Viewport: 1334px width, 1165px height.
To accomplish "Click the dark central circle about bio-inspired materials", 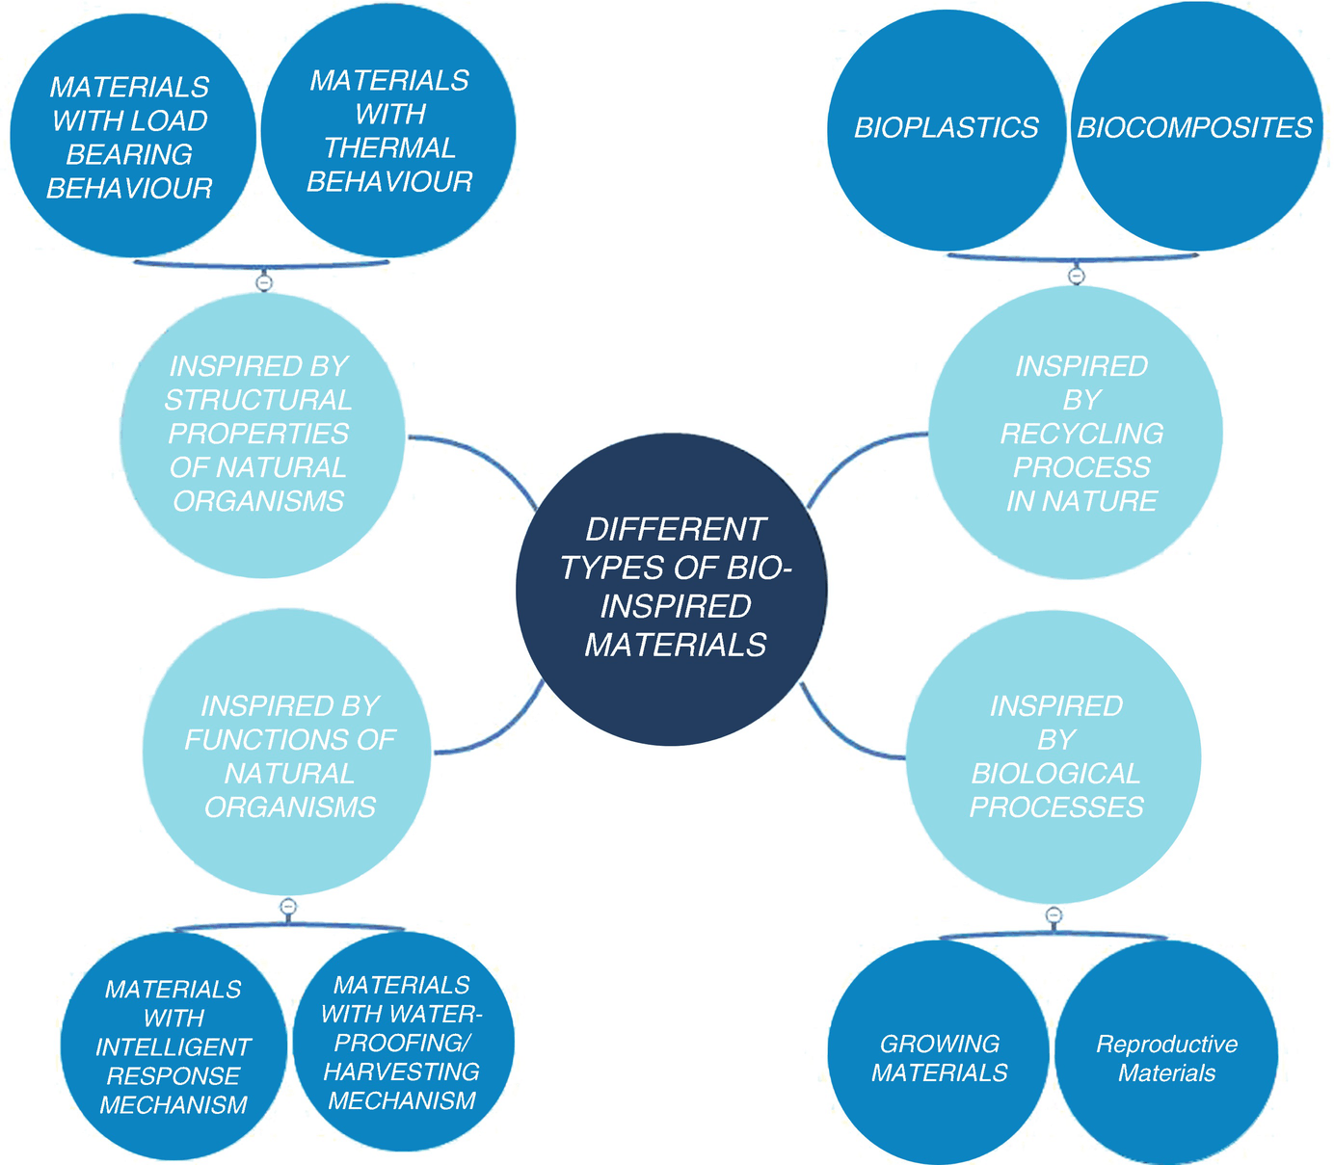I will (672, 588).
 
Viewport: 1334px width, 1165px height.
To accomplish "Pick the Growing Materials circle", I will (939, 1057).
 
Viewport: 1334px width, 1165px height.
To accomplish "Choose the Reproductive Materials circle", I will (1166, 1057).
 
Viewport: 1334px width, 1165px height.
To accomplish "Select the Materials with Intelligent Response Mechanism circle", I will (173, 1046).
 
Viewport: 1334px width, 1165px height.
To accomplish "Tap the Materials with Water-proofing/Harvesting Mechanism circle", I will (402, 1042).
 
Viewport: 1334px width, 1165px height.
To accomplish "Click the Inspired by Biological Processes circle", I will (1054, 756).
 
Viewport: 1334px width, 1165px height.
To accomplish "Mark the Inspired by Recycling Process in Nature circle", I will (1078, 434).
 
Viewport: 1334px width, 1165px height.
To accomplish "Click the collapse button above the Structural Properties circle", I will (264, 282).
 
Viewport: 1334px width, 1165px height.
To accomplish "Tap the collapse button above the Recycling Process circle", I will (1077, 277).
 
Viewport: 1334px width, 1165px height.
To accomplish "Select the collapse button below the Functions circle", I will (287, 907).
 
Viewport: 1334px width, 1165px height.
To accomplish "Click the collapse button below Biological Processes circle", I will (1054, 914).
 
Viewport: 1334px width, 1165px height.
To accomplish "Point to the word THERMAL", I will (389, 147).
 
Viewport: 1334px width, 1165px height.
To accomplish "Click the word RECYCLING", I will (1081, 434).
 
